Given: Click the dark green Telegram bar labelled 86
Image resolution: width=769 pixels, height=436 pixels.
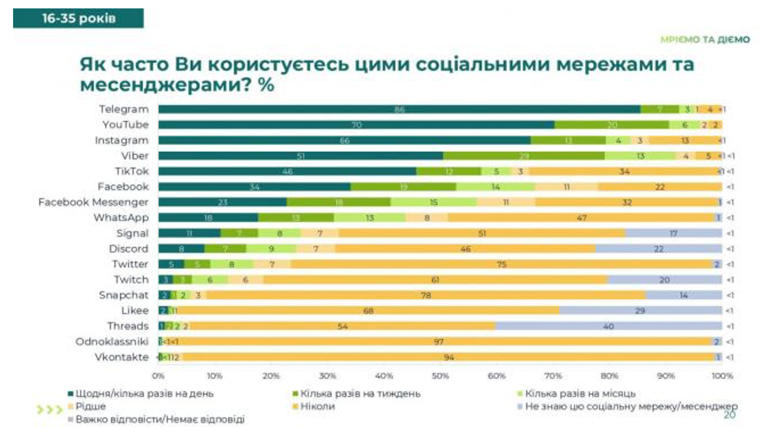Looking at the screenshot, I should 399,109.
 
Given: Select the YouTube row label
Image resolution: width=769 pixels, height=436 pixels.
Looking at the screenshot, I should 125,125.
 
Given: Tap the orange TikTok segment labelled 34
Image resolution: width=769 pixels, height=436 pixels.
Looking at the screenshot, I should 624,171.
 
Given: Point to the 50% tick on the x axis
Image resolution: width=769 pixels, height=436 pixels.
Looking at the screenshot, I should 440,376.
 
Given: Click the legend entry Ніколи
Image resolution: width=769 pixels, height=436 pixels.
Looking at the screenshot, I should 317,407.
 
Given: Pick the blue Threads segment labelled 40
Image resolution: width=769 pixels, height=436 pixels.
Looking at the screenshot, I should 608,326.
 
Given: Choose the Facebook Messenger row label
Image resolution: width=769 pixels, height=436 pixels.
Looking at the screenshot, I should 93,202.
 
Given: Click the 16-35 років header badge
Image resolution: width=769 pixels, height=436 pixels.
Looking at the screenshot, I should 78,18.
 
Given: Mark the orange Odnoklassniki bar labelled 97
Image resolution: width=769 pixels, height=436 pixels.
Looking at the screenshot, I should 438,342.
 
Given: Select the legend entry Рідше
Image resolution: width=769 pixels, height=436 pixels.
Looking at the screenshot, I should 90,407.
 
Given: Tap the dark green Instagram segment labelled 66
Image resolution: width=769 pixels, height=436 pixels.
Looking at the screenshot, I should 344,141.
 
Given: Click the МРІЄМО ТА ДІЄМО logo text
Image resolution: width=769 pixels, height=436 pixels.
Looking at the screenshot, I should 705,40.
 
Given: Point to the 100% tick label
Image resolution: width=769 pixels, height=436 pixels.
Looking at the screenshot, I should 722,376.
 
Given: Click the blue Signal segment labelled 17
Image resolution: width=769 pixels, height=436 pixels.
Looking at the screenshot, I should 673,233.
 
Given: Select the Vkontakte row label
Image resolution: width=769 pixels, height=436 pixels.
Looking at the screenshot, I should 121,357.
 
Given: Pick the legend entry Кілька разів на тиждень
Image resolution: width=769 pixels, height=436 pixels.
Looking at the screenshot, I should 360,394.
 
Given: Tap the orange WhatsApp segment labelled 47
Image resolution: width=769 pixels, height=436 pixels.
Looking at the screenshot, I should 581,218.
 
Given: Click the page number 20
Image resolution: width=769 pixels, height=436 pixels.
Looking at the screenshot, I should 729,415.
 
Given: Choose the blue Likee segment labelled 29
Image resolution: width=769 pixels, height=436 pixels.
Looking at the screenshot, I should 640,311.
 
